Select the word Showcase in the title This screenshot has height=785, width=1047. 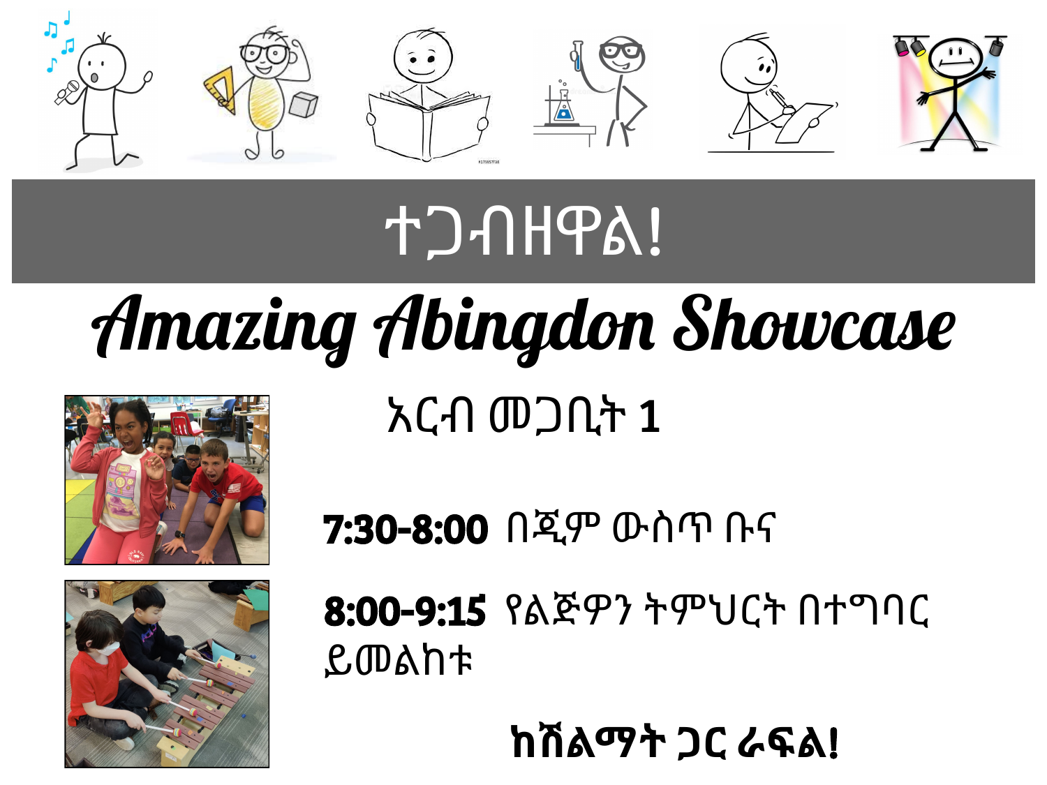point(814,324)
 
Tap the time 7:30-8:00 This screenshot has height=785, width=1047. point(406,529)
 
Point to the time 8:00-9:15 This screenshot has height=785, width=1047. point(405,611)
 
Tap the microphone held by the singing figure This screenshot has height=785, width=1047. point(67,93)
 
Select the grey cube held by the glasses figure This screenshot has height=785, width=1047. point(304,105)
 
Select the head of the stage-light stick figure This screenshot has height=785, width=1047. point(956,58)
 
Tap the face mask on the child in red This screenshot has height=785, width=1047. point(109,649)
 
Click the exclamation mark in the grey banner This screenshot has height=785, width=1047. point(655,232)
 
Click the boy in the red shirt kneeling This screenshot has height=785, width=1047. point(224,495)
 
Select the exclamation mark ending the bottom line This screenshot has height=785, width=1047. point(833,742)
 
